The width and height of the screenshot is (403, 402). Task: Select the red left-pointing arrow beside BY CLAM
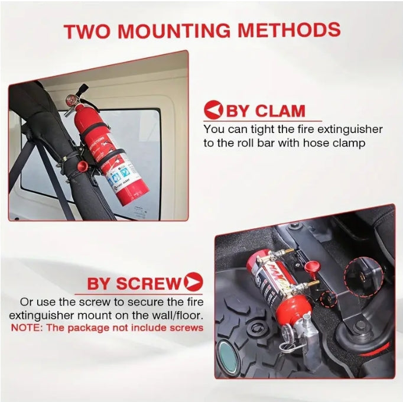point(213,111)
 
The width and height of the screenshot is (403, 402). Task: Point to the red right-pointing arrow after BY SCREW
point(193,282)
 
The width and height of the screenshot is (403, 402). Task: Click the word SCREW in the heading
point(152,283)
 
